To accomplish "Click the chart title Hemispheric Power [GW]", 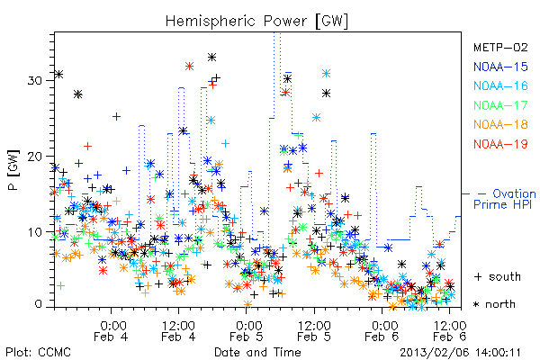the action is tap(256, 22).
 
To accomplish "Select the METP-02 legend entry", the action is tap(500, 47).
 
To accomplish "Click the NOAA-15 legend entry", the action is tap(500, 67).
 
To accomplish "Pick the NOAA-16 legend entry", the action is tap(500, 85).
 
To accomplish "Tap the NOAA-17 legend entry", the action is tap(500, 105).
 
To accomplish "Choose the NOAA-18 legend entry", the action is tap(500, 124).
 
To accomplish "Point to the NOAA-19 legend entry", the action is tap(500, 144).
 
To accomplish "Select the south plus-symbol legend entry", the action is tap(498, 276).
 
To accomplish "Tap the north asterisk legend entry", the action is tap(494, 304).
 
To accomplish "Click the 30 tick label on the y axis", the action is tap(35, 81).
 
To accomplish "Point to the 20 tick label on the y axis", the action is tap(35, 157).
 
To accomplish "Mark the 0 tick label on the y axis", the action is tap(38, 304).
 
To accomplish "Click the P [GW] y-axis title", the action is tap(14, 170).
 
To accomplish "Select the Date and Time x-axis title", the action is tap(257, 353).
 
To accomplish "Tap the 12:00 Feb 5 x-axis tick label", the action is tap(314, 330).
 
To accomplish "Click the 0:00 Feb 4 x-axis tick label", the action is tap(111, 330).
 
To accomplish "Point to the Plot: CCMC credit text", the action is tap(38, 353).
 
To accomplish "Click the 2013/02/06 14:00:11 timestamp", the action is tap(461, 353).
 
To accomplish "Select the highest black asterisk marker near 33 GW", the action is tap(211, 58).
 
